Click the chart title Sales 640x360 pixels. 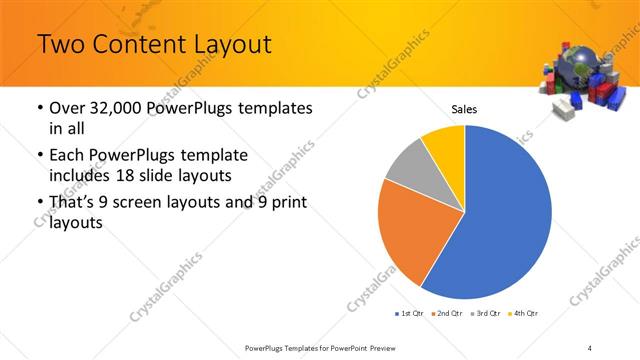click(464, 108)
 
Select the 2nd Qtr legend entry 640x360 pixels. click(445, 313)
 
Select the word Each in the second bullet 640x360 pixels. click(66, 157)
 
